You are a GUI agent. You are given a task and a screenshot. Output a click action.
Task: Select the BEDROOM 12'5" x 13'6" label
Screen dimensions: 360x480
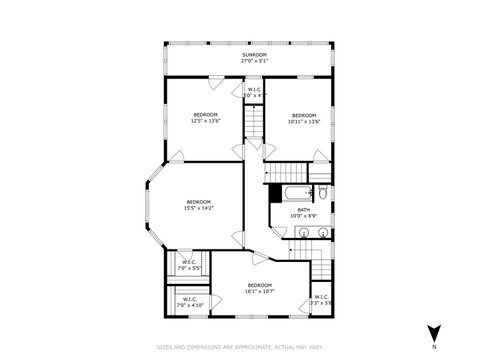205,115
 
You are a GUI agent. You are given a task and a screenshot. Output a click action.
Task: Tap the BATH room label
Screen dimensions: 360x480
303,209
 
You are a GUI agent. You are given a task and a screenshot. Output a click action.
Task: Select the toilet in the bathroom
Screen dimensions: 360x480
323,192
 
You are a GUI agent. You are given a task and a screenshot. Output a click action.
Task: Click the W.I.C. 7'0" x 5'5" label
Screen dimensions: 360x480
189,265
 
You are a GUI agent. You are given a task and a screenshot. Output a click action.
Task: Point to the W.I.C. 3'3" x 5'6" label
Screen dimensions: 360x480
321,299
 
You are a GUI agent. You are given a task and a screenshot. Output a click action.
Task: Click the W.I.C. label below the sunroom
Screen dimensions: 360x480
254,92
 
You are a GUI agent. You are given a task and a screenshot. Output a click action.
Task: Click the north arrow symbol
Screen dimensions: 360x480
433,333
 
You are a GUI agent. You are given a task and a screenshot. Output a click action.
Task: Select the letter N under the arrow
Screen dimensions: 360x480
433,347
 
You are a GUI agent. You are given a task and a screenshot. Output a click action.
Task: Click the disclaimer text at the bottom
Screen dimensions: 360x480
240,348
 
